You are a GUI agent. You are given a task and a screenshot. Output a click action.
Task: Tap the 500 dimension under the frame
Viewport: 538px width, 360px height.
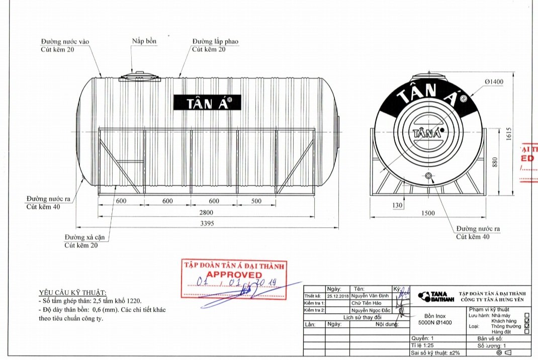(x=256, y=201)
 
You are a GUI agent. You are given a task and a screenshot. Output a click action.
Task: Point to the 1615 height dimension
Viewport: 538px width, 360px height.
(x=508, y=134)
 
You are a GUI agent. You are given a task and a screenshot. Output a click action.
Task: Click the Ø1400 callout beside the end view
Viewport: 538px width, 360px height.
(x=494, y=82)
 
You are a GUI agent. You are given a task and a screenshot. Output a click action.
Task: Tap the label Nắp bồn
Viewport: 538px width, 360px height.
(x=144, y=41)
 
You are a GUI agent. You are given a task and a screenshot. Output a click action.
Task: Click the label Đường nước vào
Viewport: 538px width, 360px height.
(x=65, y=41)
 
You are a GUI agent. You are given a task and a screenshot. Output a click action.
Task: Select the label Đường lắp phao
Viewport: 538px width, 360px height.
(x=215, y=41)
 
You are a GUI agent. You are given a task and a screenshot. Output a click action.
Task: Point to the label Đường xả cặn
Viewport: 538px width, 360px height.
(x=83, y=237)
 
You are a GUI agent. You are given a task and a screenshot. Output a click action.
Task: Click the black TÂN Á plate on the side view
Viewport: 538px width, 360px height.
(x=207, y=103)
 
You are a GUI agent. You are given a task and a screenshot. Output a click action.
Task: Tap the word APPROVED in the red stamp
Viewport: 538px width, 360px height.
(x=234, y=275)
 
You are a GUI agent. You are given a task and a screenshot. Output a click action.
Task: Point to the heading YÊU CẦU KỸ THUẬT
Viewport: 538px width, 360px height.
(x=73, y=293)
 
